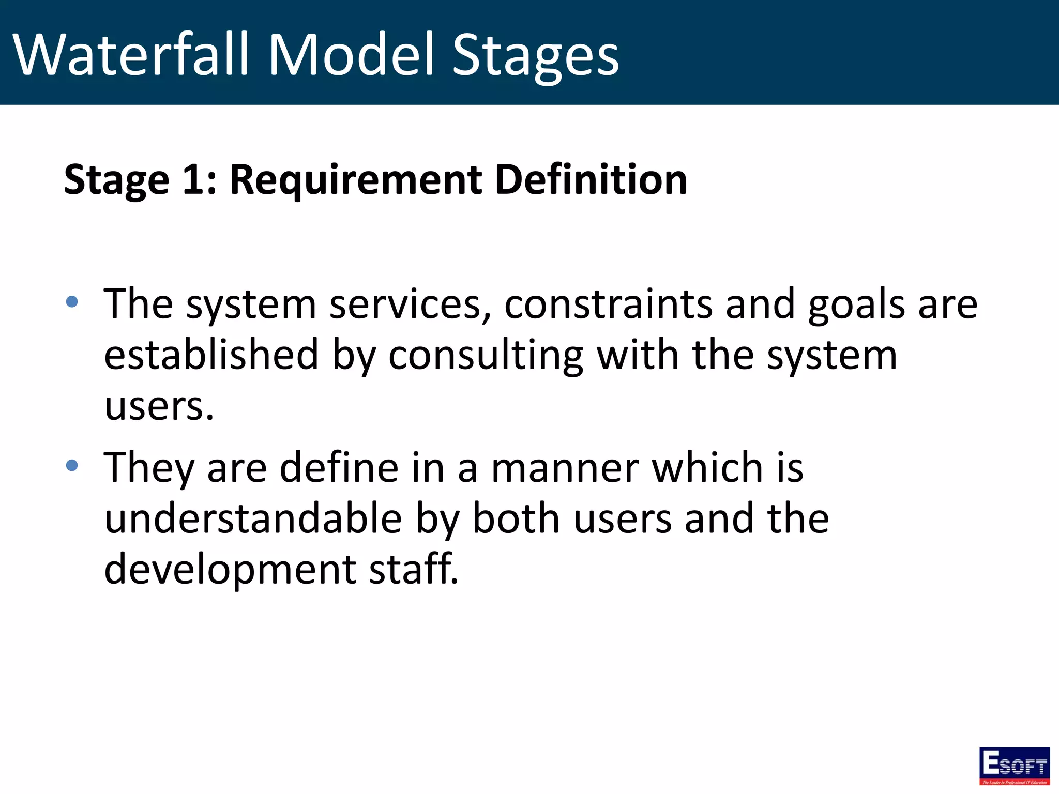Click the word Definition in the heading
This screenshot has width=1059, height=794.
coord(591,179)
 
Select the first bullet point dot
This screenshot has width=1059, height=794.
coord(72,301)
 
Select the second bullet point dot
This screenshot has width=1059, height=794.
coord(72,466)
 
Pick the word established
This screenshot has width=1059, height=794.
coord(211,355)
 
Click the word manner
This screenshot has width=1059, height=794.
coord(564,468)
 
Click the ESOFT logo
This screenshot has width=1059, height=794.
coord(1014,765)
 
